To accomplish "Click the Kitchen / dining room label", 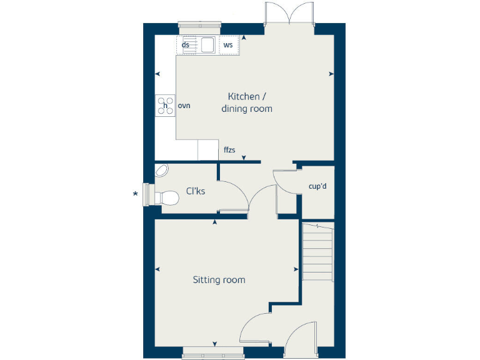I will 247,102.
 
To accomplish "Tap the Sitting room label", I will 219,279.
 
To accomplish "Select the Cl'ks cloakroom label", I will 196,191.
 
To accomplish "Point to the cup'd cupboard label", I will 317,186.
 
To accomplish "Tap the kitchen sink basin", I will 207,45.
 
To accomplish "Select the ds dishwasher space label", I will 186,45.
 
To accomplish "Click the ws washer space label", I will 228,45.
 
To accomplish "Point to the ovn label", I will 184,106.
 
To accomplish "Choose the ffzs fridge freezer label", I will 229,150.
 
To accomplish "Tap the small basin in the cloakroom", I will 162,170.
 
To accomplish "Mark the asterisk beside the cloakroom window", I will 135,194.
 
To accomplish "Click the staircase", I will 317,252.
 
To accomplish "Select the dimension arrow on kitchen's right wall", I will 329,74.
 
